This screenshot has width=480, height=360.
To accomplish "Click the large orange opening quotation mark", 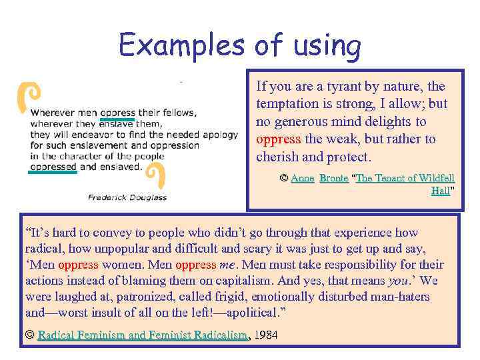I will point(27,97).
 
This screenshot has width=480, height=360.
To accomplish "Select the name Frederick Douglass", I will point(127,197).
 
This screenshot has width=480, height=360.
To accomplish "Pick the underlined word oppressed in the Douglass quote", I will point(53,167).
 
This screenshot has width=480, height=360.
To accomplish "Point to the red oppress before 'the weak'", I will point(278,139).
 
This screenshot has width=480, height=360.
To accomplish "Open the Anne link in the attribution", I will point(302,178).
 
